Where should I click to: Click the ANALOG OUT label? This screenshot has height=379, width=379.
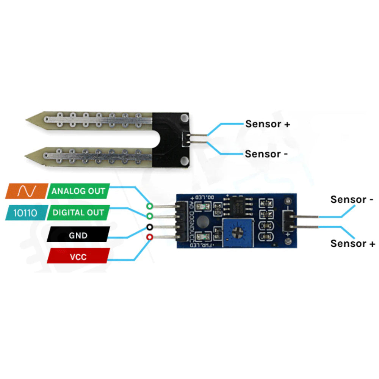[x=78, y=191]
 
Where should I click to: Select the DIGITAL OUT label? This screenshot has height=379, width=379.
[x=78, y=213]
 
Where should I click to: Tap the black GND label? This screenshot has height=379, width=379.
[x=78, y=235]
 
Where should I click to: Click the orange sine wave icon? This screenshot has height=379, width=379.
[x=27, y=191]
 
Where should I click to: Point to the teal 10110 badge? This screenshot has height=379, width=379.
[x=25, y=213]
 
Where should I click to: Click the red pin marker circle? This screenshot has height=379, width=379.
[x=150, y=237]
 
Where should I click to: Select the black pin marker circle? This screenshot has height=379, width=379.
[x=150, y=227]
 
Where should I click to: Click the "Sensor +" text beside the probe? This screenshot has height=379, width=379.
[x=268, y=124]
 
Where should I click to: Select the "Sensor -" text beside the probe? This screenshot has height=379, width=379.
[x=267, y=154]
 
